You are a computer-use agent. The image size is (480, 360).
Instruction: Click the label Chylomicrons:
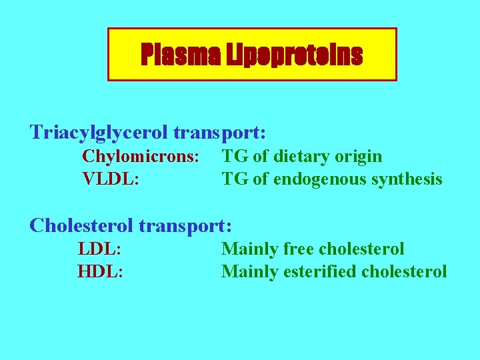coord(141,157)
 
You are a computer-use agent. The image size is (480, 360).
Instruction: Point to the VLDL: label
coord(111,179)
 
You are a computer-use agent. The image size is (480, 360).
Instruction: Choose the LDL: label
coord(99,249)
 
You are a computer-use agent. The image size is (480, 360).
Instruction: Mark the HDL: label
coord(100,271)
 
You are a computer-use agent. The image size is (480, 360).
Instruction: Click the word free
coord(299,249)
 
